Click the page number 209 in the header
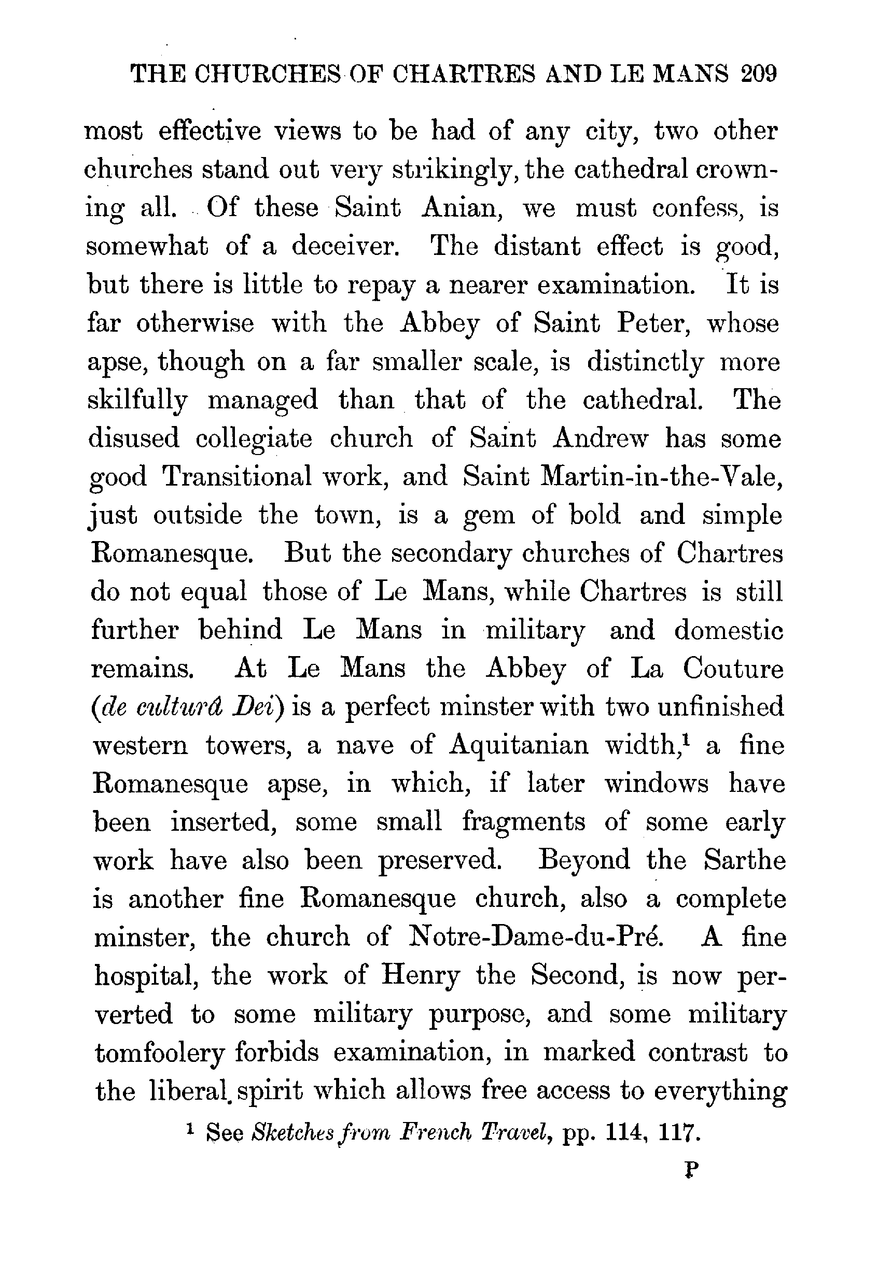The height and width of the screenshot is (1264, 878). [x=759, y=73]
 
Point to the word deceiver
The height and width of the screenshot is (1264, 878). [x=345, y=247]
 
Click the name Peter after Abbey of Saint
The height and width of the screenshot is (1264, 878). [x=652, y=323]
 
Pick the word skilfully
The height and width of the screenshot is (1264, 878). [x=137, y=401]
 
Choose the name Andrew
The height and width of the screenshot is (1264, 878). [x=601, y=439]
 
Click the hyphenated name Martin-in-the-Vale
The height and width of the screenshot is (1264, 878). [x=662, y=477]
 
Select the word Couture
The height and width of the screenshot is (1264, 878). [x=733, y=669]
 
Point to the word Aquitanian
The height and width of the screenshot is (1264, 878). [x=519, y=746]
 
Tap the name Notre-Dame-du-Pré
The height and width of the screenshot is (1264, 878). [x=537, y=937]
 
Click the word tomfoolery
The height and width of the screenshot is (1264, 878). [x=160, y=1053]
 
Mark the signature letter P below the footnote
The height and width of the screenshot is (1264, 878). [x=691, y=1170]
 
